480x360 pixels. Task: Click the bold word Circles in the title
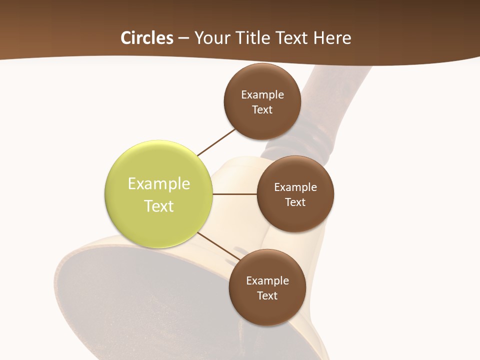tap(146, 37)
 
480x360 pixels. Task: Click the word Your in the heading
tap(210, 37)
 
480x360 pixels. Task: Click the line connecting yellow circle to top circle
tap(216, 142)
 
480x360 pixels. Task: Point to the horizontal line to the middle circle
tap(235, 194)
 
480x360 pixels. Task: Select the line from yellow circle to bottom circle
tap(218, 246)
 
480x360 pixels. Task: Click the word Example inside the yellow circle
tap(159, 183)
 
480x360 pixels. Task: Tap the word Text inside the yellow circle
tap(159, 205)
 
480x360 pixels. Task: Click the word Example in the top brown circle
tap(262, 94)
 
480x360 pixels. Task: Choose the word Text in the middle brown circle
tap(295, 202)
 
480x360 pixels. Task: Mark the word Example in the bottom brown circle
tap(267, 280)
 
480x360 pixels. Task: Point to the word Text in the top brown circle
tap(262, 109)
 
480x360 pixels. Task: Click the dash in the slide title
tap(183, 37)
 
